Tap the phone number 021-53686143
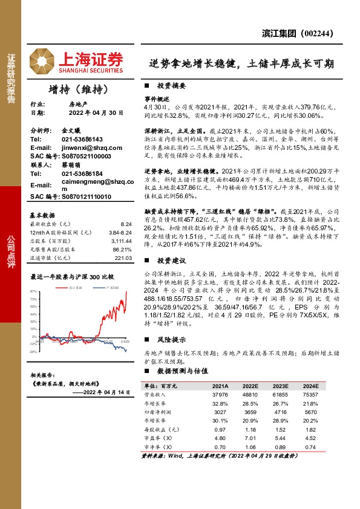coord(82,139)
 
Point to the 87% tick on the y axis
coord(34,291)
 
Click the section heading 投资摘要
coord(171,86)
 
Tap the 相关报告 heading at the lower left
coord(44,375)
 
